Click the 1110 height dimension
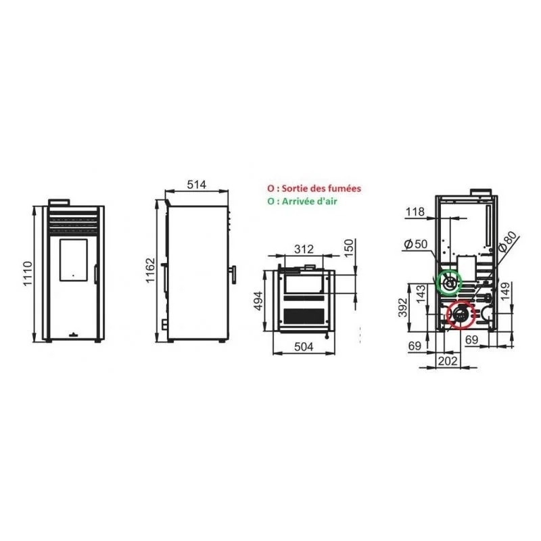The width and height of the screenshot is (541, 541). point(28,274)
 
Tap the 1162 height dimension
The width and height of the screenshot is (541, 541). point(150,270)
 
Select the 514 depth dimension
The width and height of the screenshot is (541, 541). point(196,185)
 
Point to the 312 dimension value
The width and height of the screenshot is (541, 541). point(304,249)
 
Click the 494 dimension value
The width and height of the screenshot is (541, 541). point(258,301)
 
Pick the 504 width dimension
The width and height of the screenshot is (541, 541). point(304,347)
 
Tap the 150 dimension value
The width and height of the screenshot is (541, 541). point(349,248)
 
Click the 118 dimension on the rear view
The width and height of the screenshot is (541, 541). point(415,212)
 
